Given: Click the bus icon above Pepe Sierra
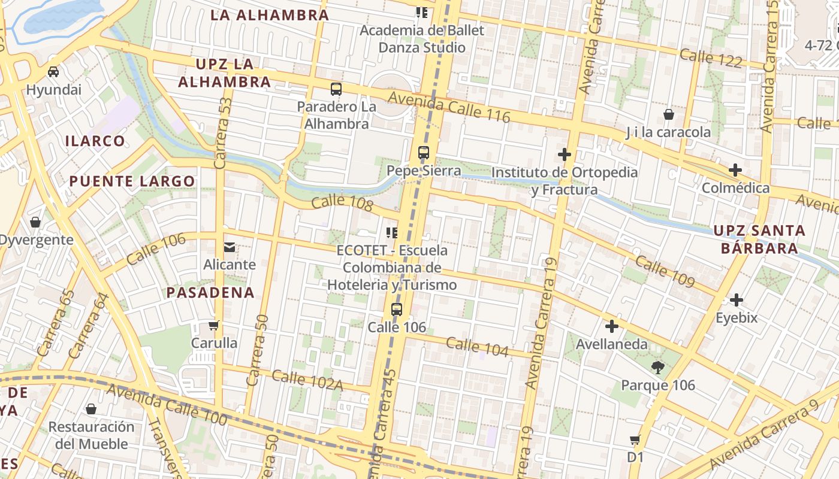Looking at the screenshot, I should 424,153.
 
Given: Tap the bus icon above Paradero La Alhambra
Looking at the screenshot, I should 336,89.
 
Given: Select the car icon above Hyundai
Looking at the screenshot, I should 53,72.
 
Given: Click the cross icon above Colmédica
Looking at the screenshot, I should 735,170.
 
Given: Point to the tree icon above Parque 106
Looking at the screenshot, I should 658,367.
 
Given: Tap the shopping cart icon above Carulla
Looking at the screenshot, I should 214,326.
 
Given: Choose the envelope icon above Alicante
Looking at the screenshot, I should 230,247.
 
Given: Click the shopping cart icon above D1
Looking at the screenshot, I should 635,440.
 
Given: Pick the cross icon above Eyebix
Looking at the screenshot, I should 737,300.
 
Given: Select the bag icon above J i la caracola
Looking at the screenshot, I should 669,114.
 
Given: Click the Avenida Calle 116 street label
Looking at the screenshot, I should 449,107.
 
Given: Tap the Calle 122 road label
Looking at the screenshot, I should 711,58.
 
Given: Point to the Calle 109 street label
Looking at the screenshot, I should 664,271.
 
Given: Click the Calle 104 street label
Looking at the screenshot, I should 477,347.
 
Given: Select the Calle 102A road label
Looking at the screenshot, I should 307,381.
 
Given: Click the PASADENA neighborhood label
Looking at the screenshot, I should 210,293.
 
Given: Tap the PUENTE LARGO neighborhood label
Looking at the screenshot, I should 132,181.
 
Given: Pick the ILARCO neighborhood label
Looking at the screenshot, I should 95,141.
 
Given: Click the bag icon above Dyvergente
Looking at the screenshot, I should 35,222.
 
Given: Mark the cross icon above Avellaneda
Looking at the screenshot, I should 612,326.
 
